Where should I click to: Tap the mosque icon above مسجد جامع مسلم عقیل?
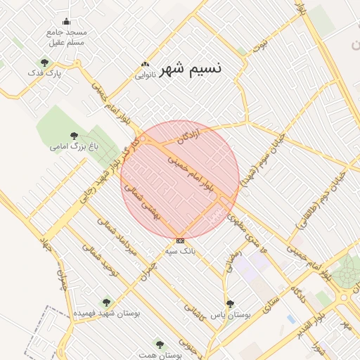click(67, 21)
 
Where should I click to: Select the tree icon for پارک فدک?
click(45, 63)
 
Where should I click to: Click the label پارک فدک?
click(45, 73)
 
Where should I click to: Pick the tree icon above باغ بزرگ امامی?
click(74, 136)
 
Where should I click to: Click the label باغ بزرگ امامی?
click(74, 146)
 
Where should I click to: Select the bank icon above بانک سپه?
click(180, 240)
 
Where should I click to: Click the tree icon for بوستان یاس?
click(230, 304)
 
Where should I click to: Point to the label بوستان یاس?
click(232, 314)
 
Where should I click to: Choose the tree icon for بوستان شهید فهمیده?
click(107, 302)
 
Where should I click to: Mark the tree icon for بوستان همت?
click(160, 345)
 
